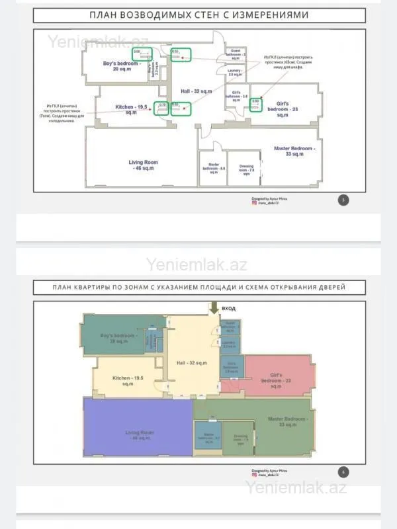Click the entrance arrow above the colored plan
pos(213,307)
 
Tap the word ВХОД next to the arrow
pos(228,308)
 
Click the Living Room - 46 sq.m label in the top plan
pos(143,165)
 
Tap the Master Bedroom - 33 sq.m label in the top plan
pos(294,151)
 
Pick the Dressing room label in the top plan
pos(246,169)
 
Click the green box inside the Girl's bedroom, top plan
pos(255,104)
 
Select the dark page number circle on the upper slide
pos(343,200)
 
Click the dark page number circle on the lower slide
pos(343,472)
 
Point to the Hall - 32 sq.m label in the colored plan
pos(191,363)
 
